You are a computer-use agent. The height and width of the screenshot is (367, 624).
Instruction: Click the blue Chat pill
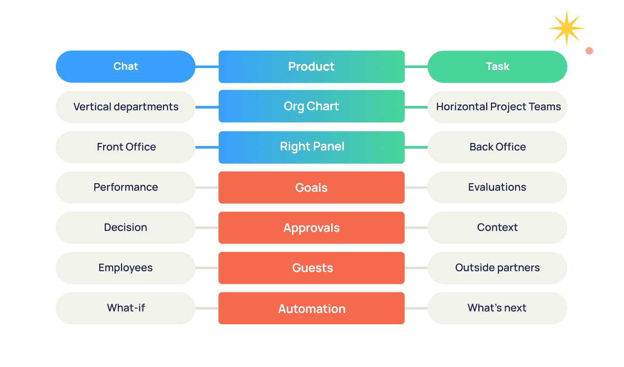pyautogui.click(x=126, y=67)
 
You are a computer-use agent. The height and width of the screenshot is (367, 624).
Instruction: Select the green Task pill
pyautogui.click(x=497, y=67)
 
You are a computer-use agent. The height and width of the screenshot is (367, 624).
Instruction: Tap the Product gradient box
pyautogui.click(x=312, y=67)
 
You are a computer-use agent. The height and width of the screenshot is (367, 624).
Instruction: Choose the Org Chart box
pyautogui.click(x=312, y=106)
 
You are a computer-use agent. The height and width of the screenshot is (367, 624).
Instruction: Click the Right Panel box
pyautogui.click(x=312, y=147)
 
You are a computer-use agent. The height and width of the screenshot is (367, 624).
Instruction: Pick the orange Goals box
pyautogui.click(x=312, y=187)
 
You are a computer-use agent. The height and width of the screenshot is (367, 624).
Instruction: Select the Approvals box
pyautogui.click(x=312, y=228)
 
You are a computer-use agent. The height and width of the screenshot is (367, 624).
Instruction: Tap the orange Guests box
pyautogui.click(x=312, y=268)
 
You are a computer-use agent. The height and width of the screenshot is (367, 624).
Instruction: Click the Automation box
pyautogui.click(x=312, y=308)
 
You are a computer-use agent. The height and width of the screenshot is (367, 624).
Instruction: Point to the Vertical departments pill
pyautogui.click(x=126, y=107)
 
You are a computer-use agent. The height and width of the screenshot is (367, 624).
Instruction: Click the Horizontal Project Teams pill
pyautogui.click(x=497, y=107)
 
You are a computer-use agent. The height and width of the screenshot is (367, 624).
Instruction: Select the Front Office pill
pyautogui.click(x=126, y=147)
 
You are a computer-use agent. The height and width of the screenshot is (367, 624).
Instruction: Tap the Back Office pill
pyautogui.click(x=497, y=147)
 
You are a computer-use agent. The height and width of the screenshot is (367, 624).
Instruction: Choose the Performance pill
pyautogui.click(x=126, y=187)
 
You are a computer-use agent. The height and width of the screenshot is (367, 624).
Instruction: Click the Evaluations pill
pyautogui.click(x=497, y=187)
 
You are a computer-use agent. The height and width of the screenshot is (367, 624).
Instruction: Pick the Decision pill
pyautogui.click(x=126, y=228)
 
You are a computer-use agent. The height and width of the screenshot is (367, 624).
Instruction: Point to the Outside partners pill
pyautogui.click(x=497, y=268)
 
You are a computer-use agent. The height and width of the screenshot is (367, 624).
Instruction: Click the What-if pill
pyautogui.click(x=126, y=308)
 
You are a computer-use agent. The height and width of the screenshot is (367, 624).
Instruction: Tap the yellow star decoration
pyautogui.click(x=566, y=28)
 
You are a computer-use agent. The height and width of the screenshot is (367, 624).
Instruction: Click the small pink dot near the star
pyautogui.click(x=590, y=51)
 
